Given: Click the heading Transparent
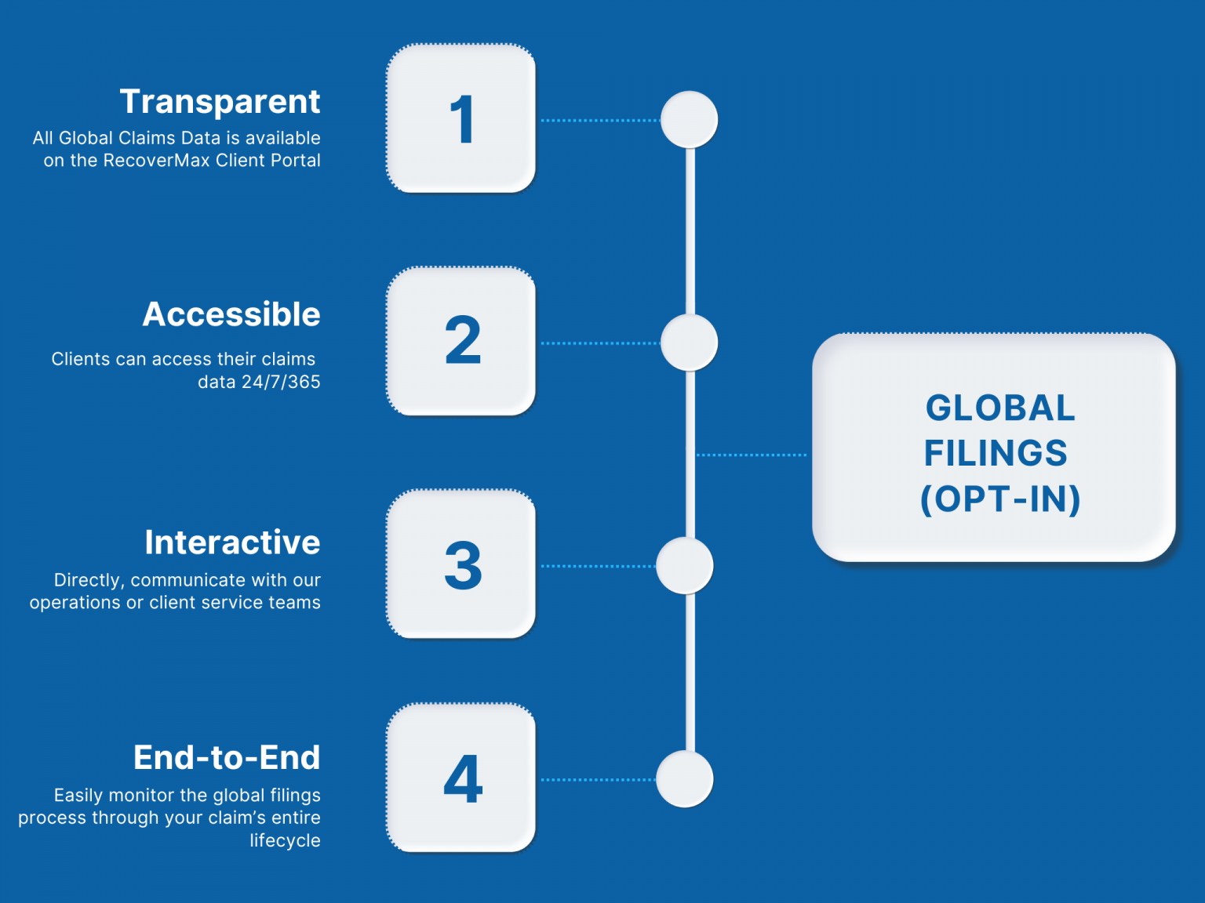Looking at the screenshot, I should click(x=220, y=102).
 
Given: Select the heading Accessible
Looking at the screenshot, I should click(x=231, y=314).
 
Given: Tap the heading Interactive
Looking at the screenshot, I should click(x=232, y=542).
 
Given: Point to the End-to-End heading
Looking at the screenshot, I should click(x=227, y=758).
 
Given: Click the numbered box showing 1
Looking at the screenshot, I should click(x=461, y=119).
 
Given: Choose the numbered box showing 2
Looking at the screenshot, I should click(x=461, y=342).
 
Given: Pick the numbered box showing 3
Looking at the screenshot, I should click(x=461, y=564).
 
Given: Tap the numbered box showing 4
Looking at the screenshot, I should click(x=461, y=778).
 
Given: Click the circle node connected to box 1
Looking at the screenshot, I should click(x=689, y=120).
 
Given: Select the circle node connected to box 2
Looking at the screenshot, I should click(x=689, y=343).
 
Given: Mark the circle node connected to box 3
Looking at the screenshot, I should click(x=685, y=565).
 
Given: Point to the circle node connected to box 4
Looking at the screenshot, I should click(x=685, y=779).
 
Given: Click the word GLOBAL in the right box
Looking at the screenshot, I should click(x=1000, y=408).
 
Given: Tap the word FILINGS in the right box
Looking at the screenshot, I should click(x=996, y=454).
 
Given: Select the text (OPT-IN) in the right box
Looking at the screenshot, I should click(x=1000, y=499).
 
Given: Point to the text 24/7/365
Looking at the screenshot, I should click(x=281, y=383).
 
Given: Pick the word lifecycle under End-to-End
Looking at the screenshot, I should click(x=285, y=841).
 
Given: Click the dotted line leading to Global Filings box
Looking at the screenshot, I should click(x=752, y=455).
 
